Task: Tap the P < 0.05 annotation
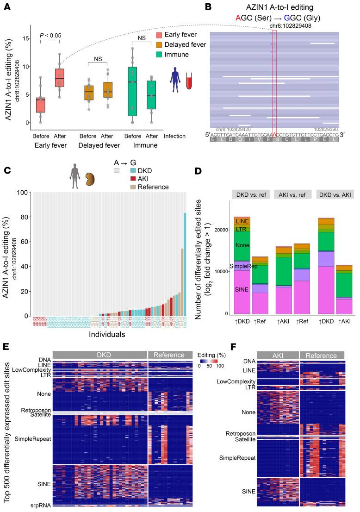coord(50,35)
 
